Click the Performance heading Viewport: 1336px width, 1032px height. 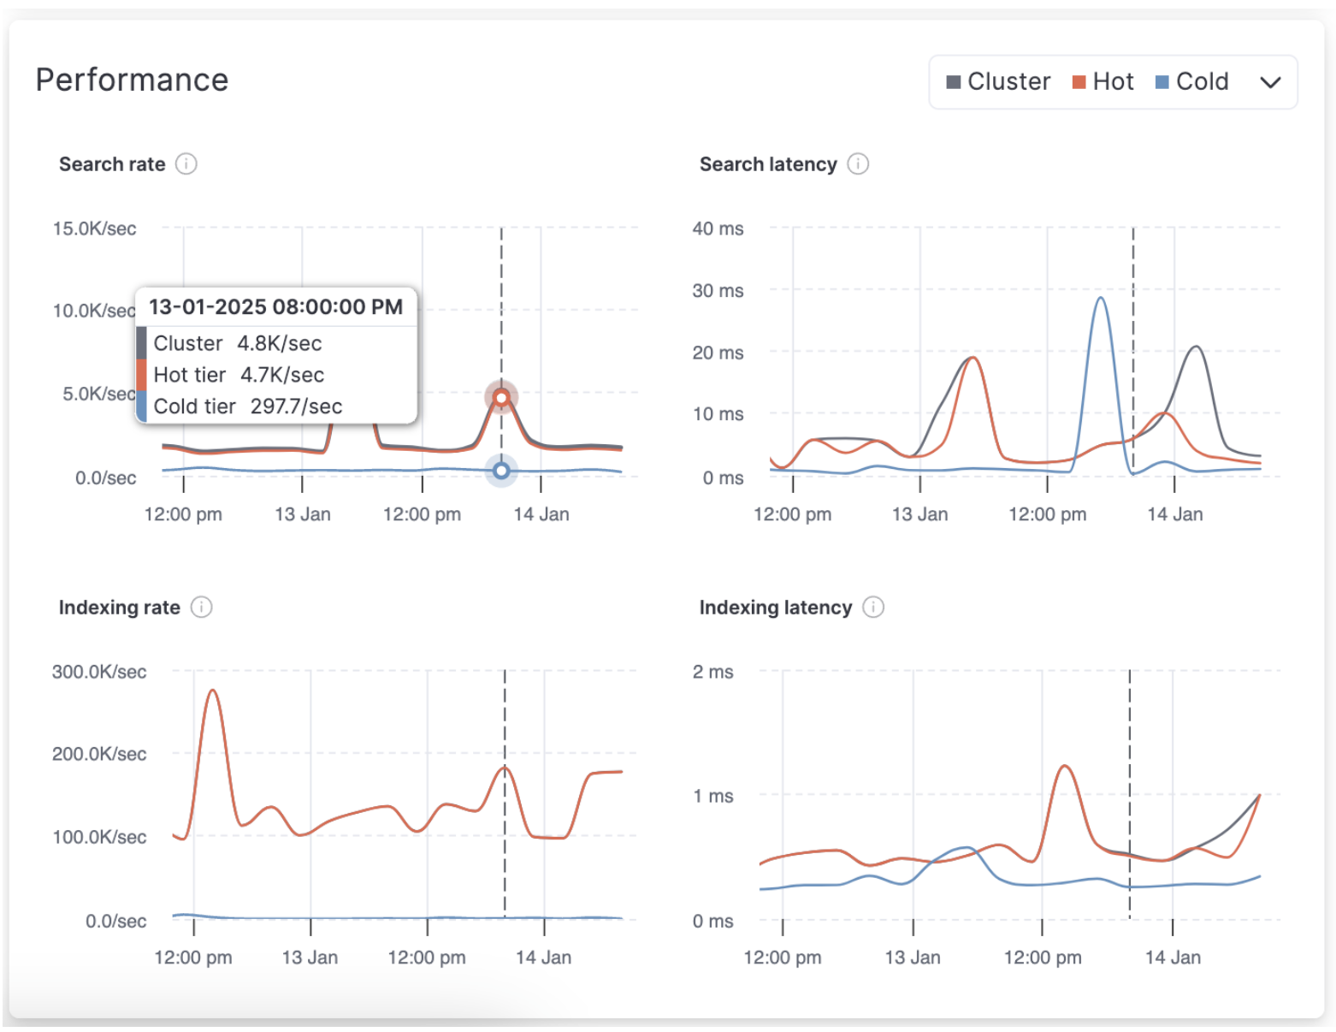pyautogui.click(x=132, y=80)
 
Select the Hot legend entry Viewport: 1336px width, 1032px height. pyautogui.click(x=1102, y=82)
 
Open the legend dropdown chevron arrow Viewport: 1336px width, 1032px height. pyautogui.click(x=1270, y=82)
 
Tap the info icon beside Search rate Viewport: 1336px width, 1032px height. pyautogui.click(x=186, y=163)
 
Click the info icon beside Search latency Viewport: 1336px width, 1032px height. pyautogui.click(x=858, y=163)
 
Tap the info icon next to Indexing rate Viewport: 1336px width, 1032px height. pyautogui.click(x=201, y=607)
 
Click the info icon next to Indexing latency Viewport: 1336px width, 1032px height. pyautogui.click(x=872, y=607)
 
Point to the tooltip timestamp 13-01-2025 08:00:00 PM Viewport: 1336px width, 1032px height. pyautogui.click(x=275, y=307)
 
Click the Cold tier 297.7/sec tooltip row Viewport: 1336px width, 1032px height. pyautogui.click(x=247, y=406)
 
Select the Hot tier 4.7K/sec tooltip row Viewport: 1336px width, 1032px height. pyautogui.click(x=239, y=375)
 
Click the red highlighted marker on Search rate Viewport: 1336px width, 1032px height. pyautogui.click(x=501, y=397)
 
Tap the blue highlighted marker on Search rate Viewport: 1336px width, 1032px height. pyautogui.click(x=501, y=471)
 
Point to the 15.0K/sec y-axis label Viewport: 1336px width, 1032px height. pyautogui.click(x=94, y=228)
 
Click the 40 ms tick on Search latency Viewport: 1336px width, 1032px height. pyautogui.click(x=718, y=228)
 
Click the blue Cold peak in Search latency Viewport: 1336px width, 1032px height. pyautogui.click(x=1101, y=299)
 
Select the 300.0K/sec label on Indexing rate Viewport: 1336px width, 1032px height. pyautogui.click(x=98, y=672)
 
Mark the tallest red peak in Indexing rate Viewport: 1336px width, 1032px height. pyautogui.click(x=212, y=691)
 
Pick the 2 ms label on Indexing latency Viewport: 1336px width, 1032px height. pyautogui.click(x=712, y=672)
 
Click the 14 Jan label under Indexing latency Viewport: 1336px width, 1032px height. pyautogui.click(x=1173, y=958)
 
